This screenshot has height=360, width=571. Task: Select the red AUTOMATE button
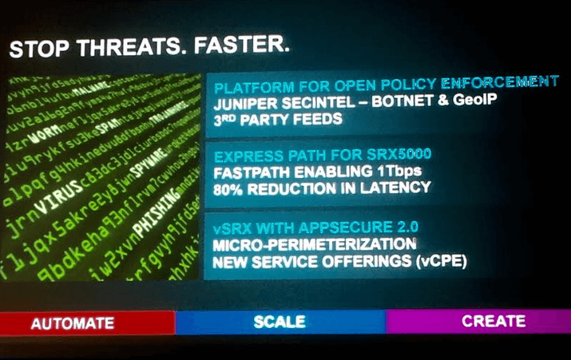point(73,323)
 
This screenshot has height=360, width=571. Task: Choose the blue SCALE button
point(280,322)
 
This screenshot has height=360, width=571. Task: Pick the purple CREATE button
point(494,321)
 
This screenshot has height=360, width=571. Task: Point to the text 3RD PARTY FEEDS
point(278,120)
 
